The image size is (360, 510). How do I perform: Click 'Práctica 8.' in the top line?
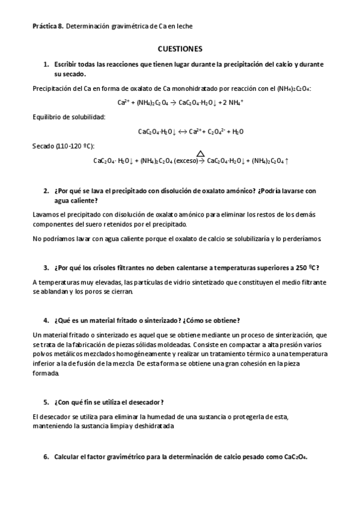pyautogui.click(x=47, y=26)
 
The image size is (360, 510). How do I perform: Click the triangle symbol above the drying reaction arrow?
pyautogui.click(x=200, y=154)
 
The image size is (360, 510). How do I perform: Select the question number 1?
pyautogui.click(x=46, y=63)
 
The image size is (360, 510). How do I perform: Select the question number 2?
pyautogui.click(x=46, y=191)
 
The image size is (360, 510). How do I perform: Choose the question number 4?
pyautogui.click(x=46, y=320)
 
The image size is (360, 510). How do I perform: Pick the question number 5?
pyautogui.click(x=46, y=402)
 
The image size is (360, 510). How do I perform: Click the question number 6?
pyautogui.click(x=46, y=457)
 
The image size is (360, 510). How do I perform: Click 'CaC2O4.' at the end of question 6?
pyautogui.click(x=294, y=457)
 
